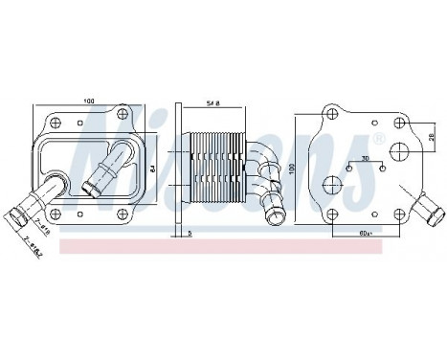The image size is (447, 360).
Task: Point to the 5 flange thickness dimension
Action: pos(190,233)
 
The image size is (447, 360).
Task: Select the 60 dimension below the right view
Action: pos(364,233)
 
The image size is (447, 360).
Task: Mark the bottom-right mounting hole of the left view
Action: pos(123,214)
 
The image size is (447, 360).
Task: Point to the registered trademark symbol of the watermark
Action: pos(379,141)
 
